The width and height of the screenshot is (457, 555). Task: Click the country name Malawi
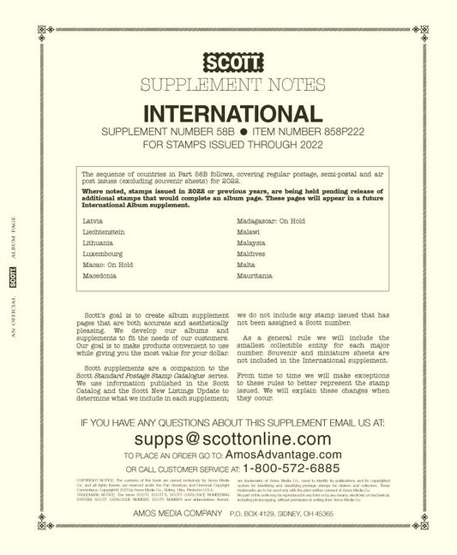click(x=247, y=232)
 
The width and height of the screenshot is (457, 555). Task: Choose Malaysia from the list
click(x=250, y=243)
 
